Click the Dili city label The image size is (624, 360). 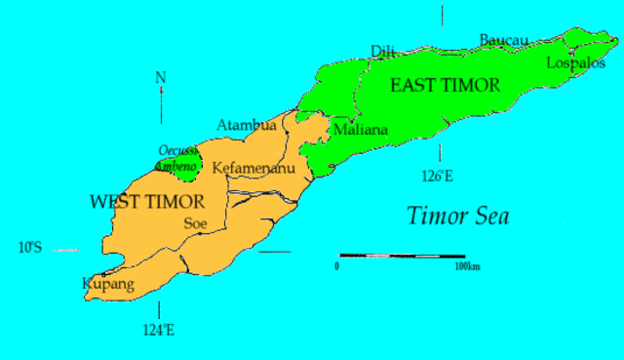click(x=383, y=51)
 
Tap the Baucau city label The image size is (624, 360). click(x=503, y=40)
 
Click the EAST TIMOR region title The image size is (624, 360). click(x=445, y=86)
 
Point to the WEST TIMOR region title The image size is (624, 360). click(x=146, y=202)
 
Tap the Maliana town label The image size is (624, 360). click(x=360, y=129)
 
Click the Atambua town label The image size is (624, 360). click(x=246, y=125)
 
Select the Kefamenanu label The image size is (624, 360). click(x=253, y=167)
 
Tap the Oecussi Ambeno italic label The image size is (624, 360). click(x=178, y=159)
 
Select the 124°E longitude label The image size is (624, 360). click(x=158, y=330)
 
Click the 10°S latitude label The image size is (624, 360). click(x=29, y=248)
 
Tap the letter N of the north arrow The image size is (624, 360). click(x=160, y=77)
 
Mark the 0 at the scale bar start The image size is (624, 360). click(x=337, y=265)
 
